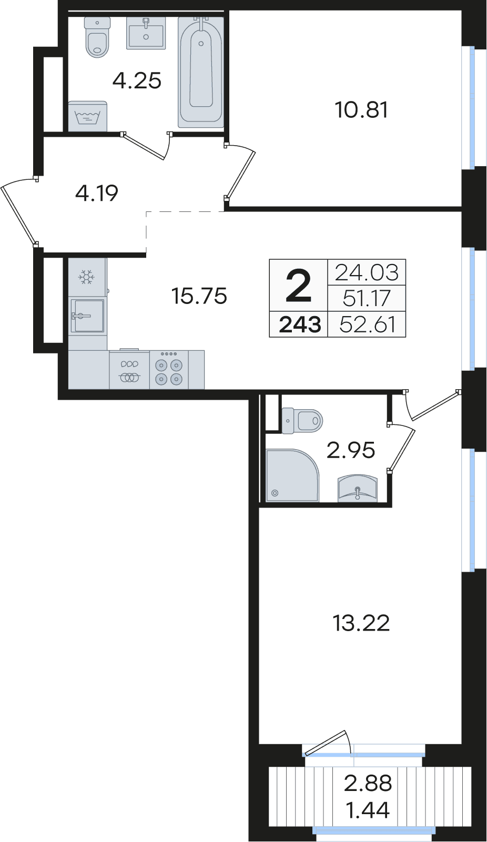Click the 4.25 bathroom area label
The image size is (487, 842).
coord(137,81)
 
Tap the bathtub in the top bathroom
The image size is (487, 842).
coord(201,69)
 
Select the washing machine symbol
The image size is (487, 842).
coord(87,116)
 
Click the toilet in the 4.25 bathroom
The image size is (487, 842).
coord(97,37)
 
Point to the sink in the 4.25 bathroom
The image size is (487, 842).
coord(146,33)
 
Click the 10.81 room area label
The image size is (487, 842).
coord(361,110)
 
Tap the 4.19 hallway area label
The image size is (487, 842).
coord(97,193)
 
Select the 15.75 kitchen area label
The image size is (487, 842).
coord(199,296)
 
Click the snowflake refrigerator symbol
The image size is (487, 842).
coord(86,277)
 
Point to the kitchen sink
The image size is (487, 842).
coord(88,316)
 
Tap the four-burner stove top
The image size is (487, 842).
coord(169,370)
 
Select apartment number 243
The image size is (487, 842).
coord(300,325)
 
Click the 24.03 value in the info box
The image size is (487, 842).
coord(367,272)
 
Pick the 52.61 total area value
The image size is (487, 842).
coord(367,324)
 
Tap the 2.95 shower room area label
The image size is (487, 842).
coord(351,450)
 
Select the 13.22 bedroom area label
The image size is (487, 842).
coord(361,623)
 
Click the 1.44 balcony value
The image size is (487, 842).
coord(368,810)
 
